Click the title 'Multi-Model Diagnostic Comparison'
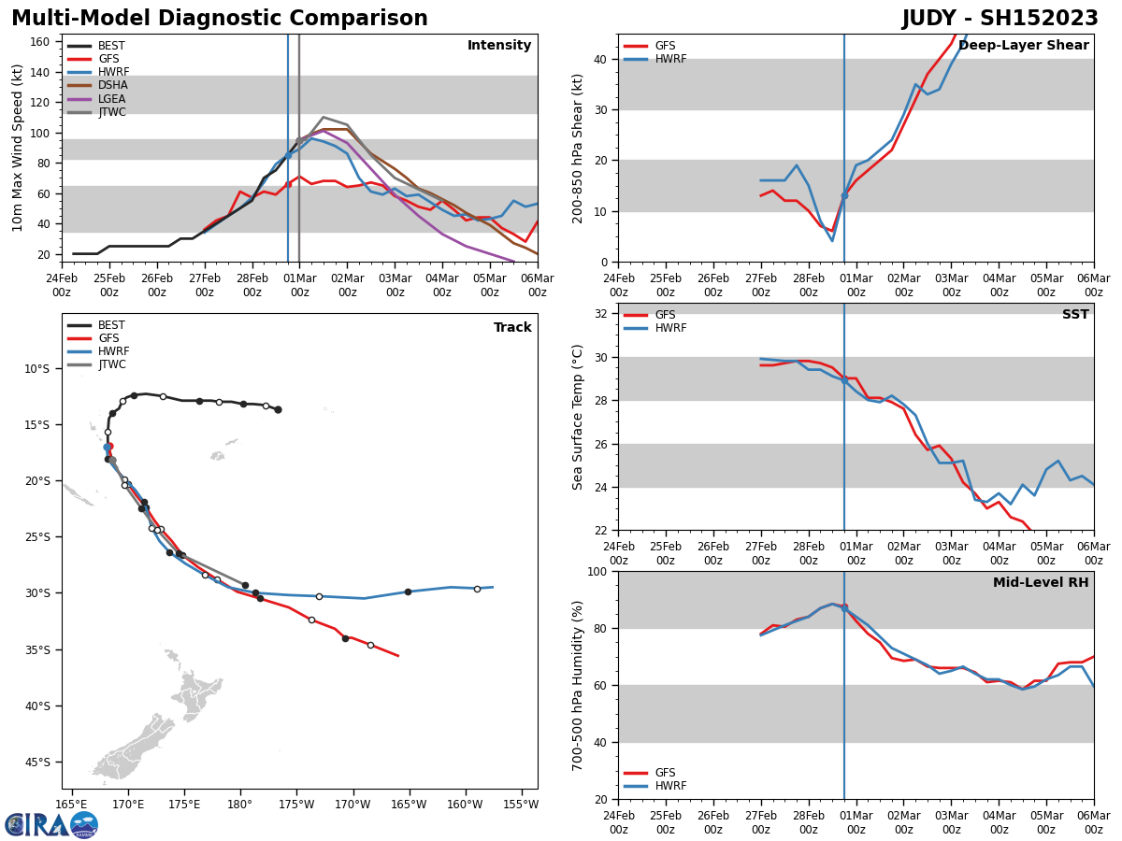(x=220, y=19)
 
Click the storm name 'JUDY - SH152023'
(x=1000, y=19)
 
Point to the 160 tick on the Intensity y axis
(x=44, y=41)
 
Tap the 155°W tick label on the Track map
(x=522, y=804)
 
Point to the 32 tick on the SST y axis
(x=601, y=314)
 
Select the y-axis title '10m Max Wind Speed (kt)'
(x=18, y=148)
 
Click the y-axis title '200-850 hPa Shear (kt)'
(x=578, y=148)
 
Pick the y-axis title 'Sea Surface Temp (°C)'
(x=578, y=417)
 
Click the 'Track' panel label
(x=512, y=328)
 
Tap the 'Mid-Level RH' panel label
(x=1041, y=583)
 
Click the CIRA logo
(x=50, y=825)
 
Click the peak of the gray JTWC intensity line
(x=324, y=118)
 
